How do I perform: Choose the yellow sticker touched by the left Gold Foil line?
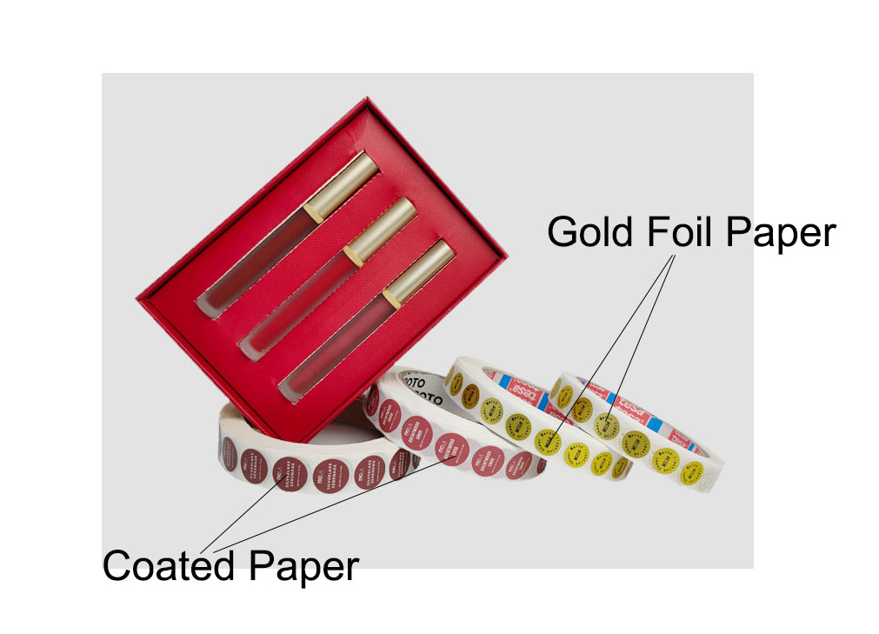550,439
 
